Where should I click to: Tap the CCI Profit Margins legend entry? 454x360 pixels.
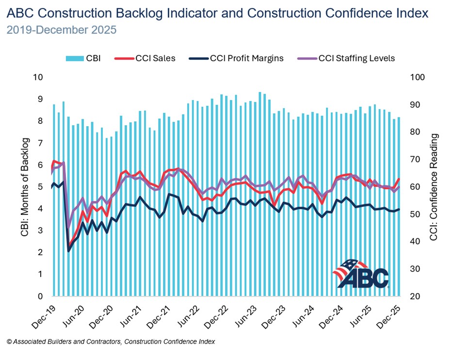[240, 58]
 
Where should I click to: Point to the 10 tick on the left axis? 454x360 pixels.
[38, 77]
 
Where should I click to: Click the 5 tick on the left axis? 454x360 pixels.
[40, 187]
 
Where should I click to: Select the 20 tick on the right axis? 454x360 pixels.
[415, 296]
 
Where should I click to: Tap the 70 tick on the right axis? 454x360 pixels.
[415, 160]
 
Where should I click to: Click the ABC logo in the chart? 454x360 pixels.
[361, 274]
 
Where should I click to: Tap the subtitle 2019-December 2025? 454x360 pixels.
[62, 30]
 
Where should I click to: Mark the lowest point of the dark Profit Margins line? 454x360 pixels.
[68, 251]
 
